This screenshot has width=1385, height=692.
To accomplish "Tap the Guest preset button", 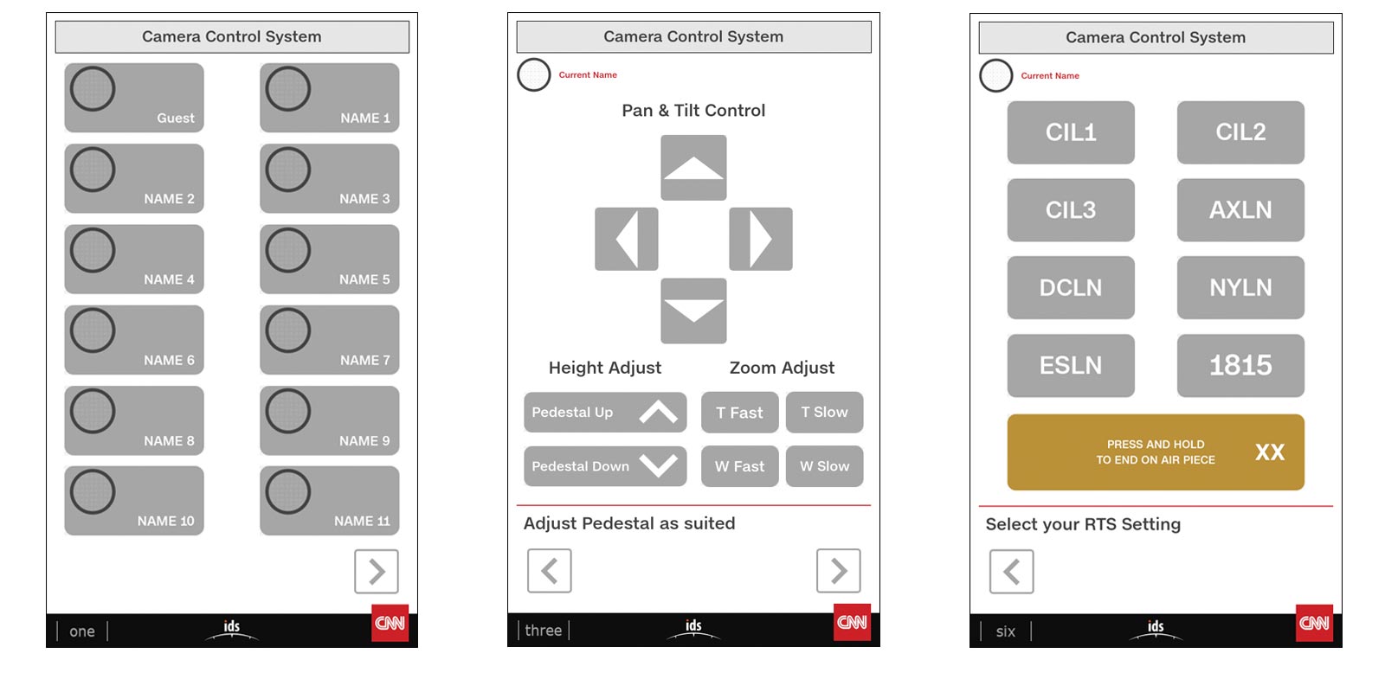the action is point(134,98).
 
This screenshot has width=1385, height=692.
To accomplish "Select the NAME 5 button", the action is point(330,259).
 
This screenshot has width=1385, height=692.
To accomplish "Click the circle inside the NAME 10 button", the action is point(93,492).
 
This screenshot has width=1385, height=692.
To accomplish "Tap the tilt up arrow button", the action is point(693,168).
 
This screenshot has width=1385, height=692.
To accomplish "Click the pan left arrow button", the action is point(627,239).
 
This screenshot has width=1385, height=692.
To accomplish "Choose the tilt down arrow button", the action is point(693,311).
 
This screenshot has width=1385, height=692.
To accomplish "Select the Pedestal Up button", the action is point(605,412).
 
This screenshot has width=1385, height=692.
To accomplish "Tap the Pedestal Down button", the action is point(605,466).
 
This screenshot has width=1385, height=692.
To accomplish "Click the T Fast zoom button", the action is point(739,412).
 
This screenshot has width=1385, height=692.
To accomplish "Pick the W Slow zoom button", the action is point(825,466).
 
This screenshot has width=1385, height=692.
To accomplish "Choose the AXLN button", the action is point(1241,210).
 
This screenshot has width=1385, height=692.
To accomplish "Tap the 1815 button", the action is point(1241,365).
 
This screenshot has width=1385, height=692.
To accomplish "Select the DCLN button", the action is point(1071,287).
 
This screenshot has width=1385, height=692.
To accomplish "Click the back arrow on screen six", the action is point(1012,572).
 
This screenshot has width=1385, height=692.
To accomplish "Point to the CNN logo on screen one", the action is point(390,623).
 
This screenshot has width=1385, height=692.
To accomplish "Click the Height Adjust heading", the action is point(605,368).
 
